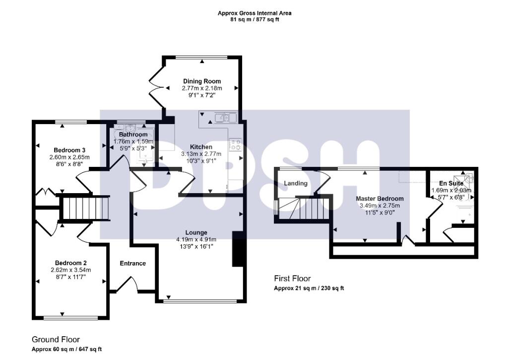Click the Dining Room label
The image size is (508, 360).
pyautogui.click(x=201, y=81)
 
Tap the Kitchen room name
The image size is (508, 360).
pyautogui.click(x=201, y=147)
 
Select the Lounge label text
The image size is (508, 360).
pyautogui.click(x=196, y=232)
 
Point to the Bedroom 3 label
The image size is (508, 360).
pyautogui.click(x=70, y=150)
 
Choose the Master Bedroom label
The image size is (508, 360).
pyautogui.click(x=380, y=199)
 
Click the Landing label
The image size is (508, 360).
pyautogui.click(x=295, y=183)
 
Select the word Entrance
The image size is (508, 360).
pyautogui.click(x=133, y=263)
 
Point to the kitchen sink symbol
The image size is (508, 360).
pyautogui.click(x=225, y=118)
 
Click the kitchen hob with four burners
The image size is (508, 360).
pyautogui.click(x=234, y=144)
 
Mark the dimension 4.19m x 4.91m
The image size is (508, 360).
pyautogui.click(x=196, y=239)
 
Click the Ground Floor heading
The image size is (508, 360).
pyautogui.click(x=56, y=340)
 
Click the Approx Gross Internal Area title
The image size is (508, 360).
pyautogui.click(x=254, y=13)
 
